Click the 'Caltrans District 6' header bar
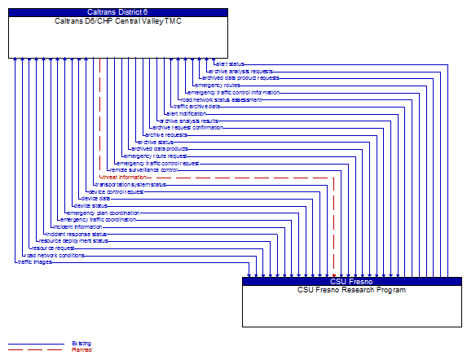pos(118,12)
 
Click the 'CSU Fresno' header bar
pos(351,281)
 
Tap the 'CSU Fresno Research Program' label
pos(351,289)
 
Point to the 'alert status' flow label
pos(230,64)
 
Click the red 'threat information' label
pos(124,177)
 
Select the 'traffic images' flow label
pos(35,261)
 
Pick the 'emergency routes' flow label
pos(218,85)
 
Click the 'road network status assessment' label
pos(222,99)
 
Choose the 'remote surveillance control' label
pos(143,169)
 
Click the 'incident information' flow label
pos(78,226)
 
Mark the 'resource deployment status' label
pos(73,240)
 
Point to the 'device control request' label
pos(116,191)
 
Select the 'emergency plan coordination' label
pos(104,213)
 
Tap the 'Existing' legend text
pos(82,344)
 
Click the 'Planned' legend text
pos(82,349)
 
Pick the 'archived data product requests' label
pos(240,78)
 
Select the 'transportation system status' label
pos(131,184)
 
